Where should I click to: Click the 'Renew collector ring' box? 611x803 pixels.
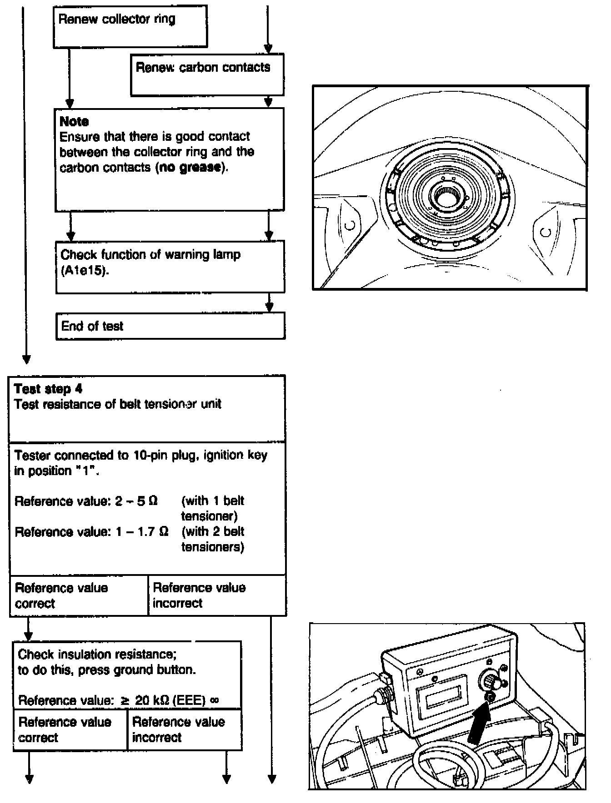130,26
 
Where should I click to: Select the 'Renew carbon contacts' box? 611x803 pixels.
207,74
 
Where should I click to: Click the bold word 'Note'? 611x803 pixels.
74,121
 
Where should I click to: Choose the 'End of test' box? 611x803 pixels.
170,326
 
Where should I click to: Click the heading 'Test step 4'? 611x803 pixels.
48,389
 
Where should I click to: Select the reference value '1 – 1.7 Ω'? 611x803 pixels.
142,532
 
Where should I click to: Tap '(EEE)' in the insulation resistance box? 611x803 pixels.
190,700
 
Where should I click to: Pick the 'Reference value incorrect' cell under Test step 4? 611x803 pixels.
217,595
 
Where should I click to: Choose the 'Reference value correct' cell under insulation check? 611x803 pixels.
70,729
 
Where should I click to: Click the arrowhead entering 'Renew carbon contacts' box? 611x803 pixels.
268,49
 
